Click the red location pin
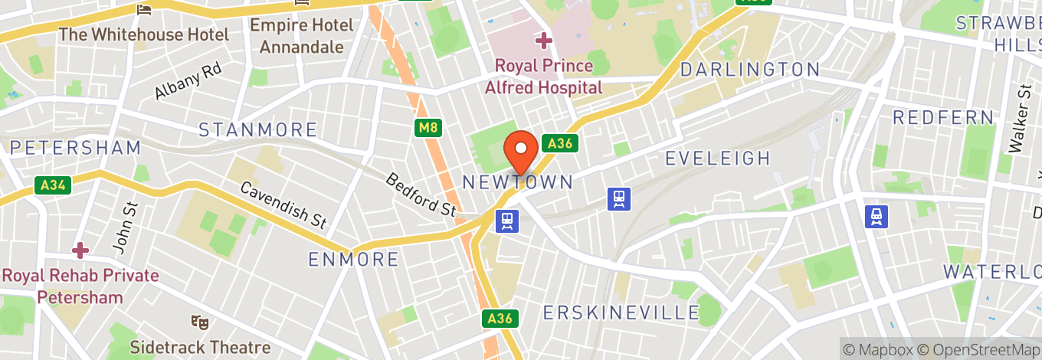pos(521,150)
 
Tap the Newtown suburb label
pos(518,182)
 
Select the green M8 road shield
pos(428,128)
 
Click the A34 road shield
pos(51,185)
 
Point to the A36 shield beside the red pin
pos(559,143)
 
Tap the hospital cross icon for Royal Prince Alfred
pos(544,40)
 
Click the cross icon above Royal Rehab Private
pos(80,250)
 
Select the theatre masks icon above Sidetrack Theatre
pos(199,322)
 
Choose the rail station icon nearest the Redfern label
pos(877,217)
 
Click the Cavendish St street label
pos(283,205)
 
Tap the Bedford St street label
pos(421,194)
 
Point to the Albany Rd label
pos(188,81)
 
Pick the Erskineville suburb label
pos(621,313)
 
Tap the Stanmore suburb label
pos(257,129)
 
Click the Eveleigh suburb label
pos(717,159)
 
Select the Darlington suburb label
pos(750,70)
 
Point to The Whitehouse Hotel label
pos(143,34)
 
